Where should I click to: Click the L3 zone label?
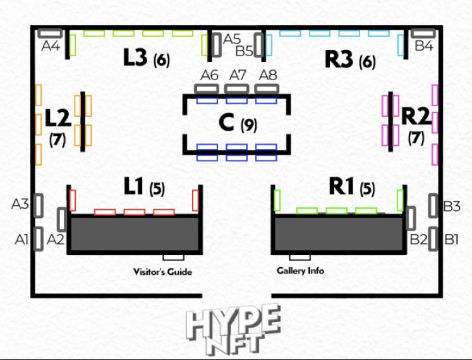pos(135,57)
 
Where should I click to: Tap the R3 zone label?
pos(339,59)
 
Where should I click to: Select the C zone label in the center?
pos(226,123)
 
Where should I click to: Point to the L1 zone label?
pos(134,186)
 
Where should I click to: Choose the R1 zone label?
pos(341,186)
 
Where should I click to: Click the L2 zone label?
pos(58,117)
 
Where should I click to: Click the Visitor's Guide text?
pos(162,272)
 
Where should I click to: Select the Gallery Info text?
pos(300,270)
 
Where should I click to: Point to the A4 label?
pos(51,46)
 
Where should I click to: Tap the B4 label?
pos(424,45)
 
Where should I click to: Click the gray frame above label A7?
pos(236,89)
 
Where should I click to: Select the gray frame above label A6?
pos(207,89)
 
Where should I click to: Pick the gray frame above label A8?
pos(267,89)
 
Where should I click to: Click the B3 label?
pos(452,207)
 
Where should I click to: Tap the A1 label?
pos(21,239)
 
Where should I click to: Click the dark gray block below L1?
pos(135,234)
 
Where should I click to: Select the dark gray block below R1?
pos(339,234)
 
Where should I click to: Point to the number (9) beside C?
pos(249,125)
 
